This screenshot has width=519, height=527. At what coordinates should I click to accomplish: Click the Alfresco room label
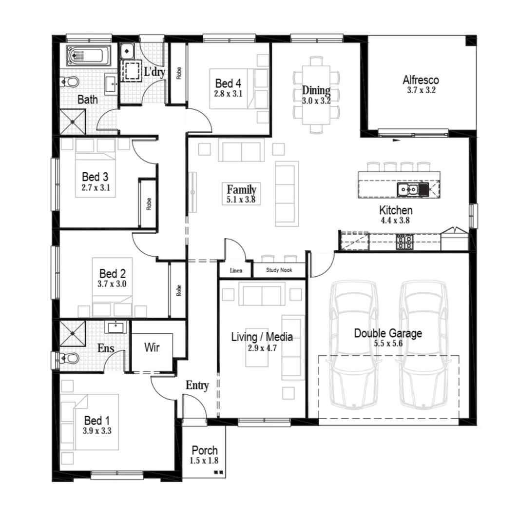coord(421,80)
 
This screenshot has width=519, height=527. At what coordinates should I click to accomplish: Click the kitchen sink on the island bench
coord(407,189)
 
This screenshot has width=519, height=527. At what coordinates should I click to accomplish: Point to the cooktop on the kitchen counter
coord(404,242)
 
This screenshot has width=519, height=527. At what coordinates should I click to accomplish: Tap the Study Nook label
coord(279,270)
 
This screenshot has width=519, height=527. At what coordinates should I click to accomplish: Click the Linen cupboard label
coord(236,270)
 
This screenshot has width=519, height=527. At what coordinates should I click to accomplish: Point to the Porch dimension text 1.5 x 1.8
coord(204,461)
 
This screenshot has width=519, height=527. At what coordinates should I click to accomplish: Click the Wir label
coord(152,348)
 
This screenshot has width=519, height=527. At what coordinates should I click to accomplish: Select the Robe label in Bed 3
coord(148,203)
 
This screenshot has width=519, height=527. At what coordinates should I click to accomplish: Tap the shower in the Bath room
coord(72,121)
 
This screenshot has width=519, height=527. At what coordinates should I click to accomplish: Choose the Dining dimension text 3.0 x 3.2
coord(316,101)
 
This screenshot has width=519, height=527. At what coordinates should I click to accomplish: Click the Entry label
coord(197,385)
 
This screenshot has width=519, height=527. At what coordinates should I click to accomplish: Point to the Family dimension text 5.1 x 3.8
coord(241,200)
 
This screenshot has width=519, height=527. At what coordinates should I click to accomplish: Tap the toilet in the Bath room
coord(70,81)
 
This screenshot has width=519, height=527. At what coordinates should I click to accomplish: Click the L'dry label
coord(154,72)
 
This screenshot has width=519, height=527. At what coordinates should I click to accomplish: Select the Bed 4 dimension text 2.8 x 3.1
coord(228,93)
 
